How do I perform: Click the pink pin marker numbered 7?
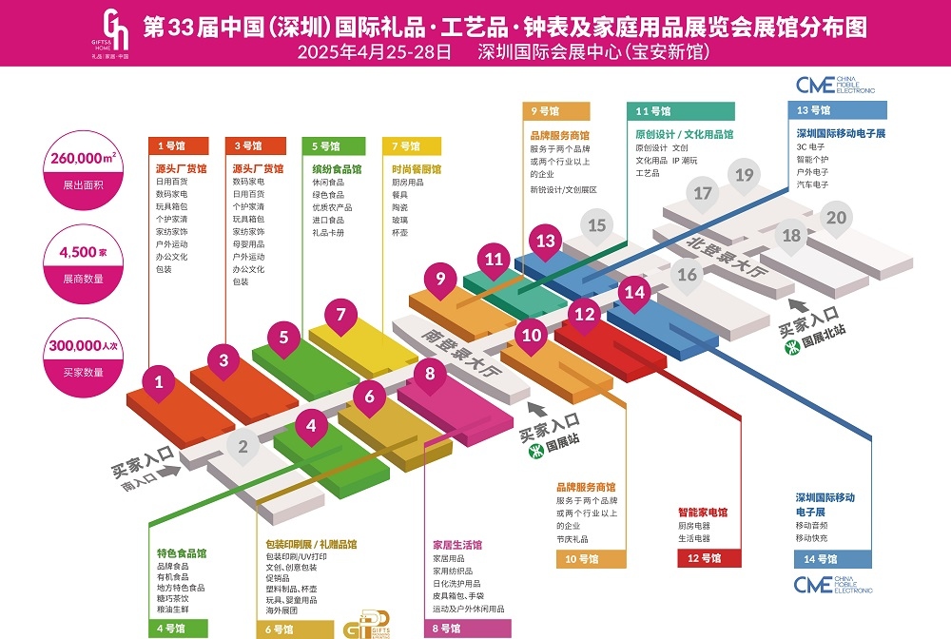[340, 317]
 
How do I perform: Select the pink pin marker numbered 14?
[634, 294]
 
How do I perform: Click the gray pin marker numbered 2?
[243, 448]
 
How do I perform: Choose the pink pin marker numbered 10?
[532, 337]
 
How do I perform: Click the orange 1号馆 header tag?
[179, 145]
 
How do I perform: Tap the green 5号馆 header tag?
[334, 146]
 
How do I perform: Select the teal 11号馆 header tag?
[681, 111]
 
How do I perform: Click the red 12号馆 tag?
[709, 558]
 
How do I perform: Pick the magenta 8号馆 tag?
[468, 629]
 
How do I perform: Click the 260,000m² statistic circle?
[83, 170]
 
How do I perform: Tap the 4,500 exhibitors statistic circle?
[83, 264]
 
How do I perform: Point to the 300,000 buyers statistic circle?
[83, 358]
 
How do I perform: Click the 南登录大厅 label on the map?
[461, 354]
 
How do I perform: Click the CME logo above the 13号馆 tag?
[835, 85]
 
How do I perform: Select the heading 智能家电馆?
[703, 513]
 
